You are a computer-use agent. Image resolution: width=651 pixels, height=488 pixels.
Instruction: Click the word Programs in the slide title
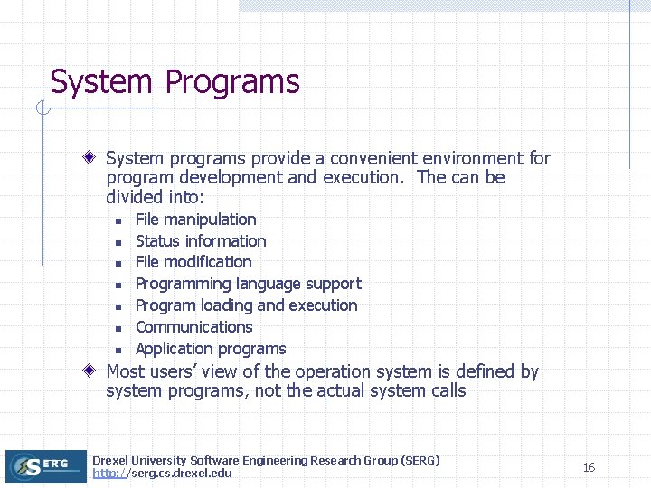[x=231, y=83]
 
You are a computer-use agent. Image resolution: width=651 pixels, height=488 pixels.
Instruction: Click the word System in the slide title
[x=101, y=83]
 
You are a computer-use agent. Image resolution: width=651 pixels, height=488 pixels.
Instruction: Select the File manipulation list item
[x=195, y=220]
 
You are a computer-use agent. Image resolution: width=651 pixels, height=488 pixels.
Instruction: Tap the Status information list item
[x=201, y=241]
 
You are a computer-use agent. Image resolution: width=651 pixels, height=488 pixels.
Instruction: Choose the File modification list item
[x=193, y=262]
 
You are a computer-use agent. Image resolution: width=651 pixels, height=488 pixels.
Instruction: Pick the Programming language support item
[x=248, y=284]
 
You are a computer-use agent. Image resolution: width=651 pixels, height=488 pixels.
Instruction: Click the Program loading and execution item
[x=246, y=305]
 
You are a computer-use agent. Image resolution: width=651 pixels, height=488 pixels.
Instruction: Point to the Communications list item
[x=193, y=327]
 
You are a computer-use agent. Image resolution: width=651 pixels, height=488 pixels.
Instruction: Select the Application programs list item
[x=210, y=349]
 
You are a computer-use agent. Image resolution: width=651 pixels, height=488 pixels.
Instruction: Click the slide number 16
[x=589, y=467]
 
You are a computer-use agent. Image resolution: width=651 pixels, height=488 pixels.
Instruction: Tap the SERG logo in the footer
[x=45, y=466]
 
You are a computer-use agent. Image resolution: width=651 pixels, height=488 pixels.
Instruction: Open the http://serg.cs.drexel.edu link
[x=162, y=474]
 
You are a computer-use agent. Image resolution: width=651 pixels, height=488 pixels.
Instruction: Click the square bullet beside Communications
[x=118, y=328]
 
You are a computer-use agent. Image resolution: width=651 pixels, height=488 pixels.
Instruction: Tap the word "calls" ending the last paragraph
[x=447, y=391]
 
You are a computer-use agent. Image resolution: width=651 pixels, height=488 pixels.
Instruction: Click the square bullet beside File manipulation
[x=118, y=221]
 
